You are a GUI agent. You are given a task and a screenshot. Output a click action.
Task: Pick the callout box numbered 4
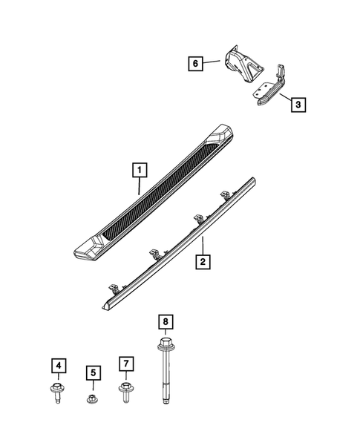click(x=57, y=365)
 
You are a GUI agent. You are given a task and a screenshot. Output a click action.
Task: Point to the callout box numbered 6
click(x=194, y=65)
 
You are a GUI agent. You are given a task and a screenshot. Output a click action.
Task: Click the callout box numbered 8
click(x=166, y=322)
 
